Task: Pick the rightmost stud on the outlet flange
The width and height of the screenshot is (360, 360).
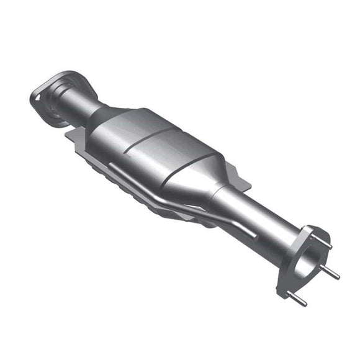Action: click(x=332, y=273)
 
